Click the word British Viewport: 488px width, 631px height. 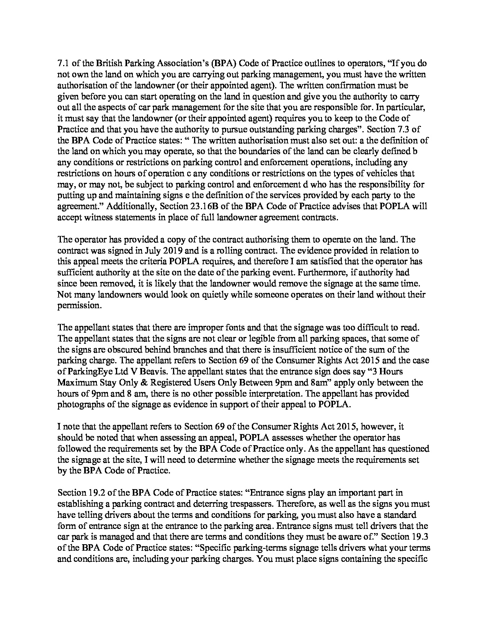tap(109, 63)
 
